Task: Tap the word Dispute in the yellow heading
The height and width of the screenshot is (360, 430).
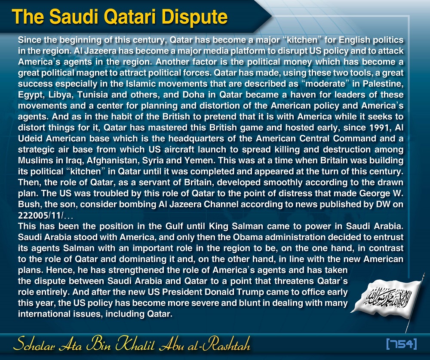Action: tap(195, 17)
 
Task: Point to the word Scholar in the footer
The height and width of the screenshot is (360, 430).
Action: tap(36, 344)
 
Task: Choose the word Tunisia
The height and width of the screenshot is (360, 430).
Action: tap(92, 95)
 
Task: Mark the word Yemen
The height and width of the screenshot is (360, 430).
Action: tap(200, 161)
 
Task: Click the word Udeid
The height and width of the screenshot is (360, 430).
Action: tap(30, 139)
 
